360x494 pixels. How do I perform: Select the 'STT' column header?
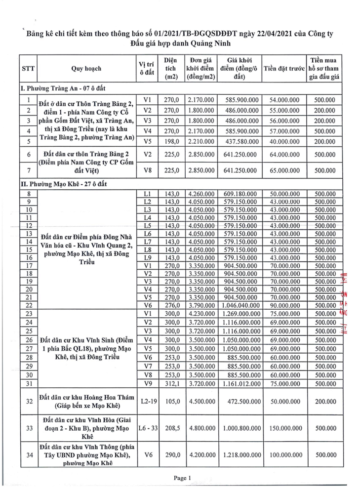(x=28, y=70)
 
